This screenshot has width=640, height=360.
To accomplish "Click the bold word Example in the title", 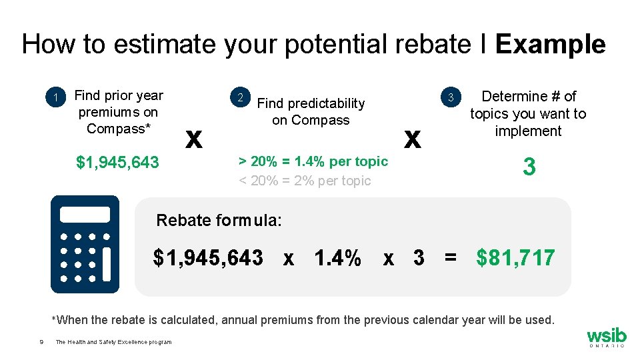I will [550, 45].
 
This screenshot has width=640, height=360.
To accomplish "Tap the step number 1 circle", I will [58, 99].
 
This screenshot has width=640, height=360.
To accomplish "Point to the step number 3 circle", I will [451, 98].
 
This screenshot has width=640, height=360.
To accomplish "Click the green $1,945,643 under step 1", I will [118, 162].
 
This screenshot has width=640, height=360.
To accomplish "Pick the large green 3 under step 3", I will [529, 167].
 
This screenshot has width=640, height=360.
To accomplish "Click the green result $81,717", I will [515, 257].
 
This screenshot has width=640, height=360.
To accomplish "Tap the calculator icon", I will [85, 245].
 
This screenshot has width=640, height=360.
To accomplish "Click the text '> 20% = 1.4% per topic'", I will [313, 161].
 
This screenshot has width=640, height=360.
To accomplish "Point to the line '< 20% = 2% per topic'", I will [305, 181].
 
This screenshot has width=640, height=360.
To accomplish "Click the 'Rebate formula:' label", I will [219, 220].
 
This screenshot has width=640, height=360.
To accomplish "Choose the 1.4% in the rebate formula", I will [338, 257].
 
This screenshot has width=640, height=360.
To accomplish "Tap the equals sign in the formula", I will [451, 257].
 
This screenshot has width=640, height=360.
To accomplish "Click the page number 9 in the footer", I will [41, 342].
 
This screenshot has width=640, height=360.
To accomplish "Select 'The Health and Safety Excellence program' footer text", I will [113, 342].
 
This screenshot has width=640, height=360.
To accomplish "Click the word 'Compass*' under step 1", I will [118, 129].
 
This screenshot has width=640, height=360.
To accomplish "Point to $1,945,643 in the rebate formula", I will [208, 257].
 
